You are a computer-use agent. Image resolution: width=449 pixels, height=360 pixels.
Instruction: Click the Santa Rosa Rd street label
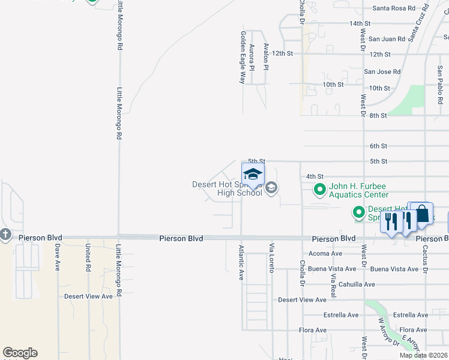point(393,8)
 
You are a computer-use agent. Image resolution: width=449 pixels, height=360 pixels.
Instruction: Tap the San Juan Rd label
point(387,39)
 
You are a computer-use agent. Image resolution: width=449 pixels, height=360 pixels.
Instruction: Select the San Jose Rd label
point(382,72)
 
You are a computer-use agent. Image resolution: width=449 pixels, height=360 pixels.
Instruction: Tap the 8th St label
point(378,115)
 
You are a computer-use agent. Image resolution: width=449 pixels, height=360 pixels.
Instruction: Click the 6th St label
point(378,146)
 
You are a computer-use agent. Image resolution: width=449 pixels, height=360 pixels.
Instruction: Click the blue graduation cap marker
point(253,175)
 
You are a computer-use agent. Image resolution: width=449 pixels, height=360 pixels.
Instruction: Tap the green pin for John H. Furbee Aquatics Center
point(319,190)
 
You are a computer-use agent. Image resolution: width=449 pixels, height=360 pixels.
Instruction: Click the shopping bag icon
point(422,214)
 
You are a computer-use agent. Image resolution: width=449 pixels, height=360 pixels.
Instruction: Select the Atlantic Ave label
point(241,263)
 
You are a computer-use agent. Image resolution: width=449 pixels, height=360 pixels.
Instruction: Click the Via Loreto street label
point(271,259)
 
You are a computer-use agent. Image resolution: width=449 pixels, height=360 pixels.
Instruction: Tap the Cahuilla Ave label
point(357,284)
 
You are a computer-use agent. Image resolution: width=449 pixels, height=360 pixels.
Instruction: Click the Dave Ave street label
point(58,257)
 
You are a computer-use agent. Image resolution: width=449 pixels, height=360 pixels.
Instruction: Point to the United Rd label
point(88,256)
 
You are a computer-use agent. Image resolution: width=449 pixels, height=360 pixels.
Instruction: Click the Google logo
point(20,353)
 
